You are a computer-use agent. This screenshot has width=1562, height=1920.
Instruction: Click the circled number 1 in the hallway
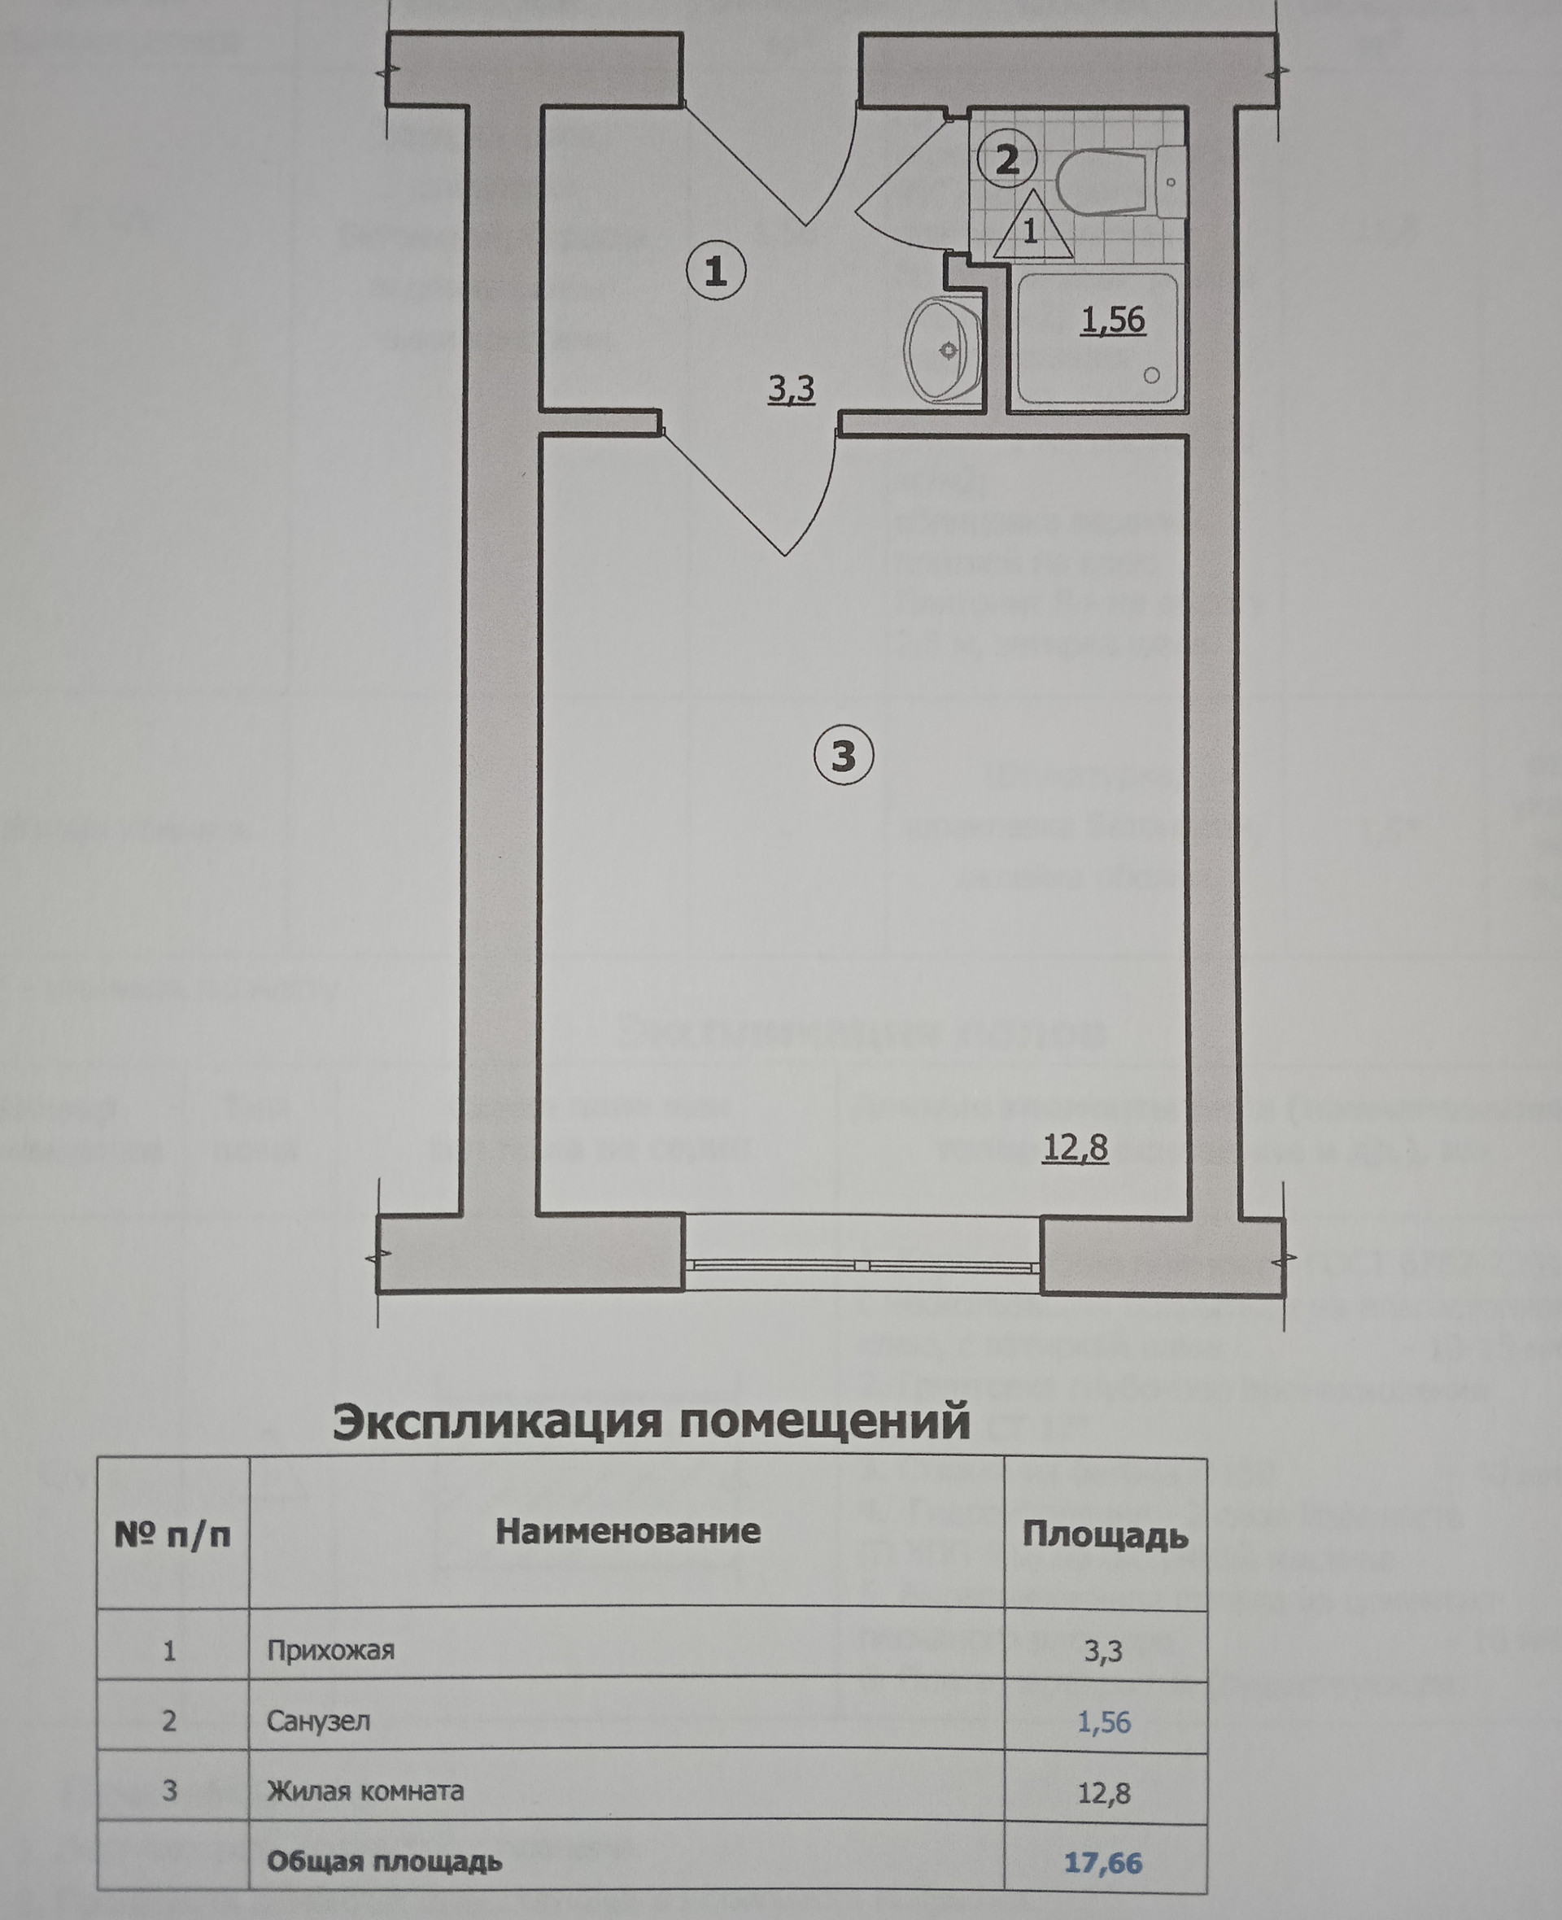pyautogui.click(x=716, y=271)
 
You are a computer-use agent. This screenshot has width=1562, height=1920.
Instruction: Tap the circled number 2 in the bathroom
pyautogui.click(x=1008, y=160)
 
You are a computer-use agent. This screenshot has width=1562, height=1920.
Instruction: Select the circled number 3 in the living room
pyautogui.click(x=843, y=756)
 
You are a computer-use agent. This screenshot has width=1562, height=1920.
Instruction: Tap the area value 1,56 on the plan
pyautogui.click(x=1113, y=320)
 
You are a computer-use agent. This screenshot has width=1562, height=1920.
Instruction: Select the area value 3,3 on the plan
pyautogui.click(x=791, y=389)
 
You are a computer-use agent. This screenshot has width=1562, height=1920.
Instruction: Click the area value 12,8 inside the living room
pyautogui.click(x=1076, y=1148)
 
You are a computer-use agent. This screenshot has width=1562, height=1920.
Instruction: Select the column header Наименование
pyautogui.click(x=628, y=1531)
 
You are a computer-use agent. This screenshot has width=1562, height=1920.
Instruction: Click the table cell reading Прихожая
pyautogui.click(x=330, y=1651)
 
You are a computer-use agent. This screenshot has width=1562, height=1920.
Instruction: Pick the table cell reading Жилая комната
pyautogui.click(x=364, y=1791)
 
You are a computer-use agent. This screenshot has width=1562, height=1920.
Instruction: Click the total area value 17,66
pyautogui.click(x=1103, y=1861)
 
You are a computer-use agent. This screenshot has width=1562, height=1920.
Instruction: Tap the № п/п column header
pyautogui.click(x=172, y=1534)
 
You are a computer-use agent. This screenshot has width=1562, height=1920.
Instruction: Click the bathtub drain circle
pyautogui.click(x=1152, y=376)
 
